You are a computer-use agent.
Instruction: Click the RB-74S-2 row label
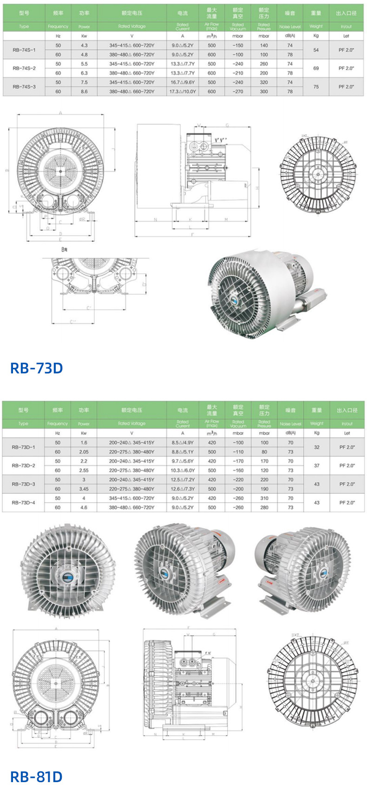tap(24, 68)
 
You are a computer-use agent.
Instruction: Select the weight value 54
tap(316, 50)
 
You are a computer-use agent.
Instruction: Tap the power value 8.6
tap(84, 92)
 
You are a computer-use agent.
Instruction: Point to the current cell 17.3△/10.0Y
tap(183, 92)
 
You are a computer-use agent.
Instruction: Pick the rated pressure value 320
tap(264, 82)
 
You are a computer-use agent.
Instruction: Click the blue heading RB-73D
tap(36, 368)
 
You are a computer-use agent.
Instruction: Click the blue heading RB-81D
tap(36, 777)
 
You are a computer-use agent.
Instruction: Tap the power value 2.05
tap(84, 452)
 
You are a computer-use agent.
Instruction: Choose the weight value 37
tap(317, 465)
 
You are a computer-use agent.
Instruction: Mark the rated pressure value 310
tap(264, 498)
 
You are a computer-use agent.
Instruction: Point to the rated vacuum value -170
tap(238, 461)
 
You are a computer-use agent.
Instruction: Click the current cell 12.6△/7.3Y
tap(183, 489)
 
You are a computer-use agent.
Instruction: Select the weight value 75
tap(316, 87)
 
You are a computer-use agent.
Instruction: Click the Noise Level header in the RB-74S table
tap(290, 27)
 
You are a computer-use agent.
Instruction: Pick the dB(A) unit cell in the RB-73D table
tap(290, 433)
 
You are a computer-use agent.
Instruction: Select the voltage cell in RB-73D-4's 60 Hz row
tap(131, 507)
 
